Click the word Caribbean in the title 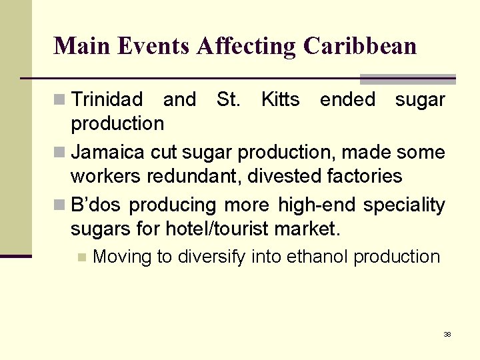point(359,46)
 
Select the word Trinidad point(107,100)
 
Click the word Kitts point(280,100)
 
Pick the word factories point(364,176)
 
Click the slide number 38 point(447,334)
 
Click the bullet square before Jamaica point(61,153)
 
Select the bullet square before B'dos point(61,205)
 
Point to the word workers point(99,176)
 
